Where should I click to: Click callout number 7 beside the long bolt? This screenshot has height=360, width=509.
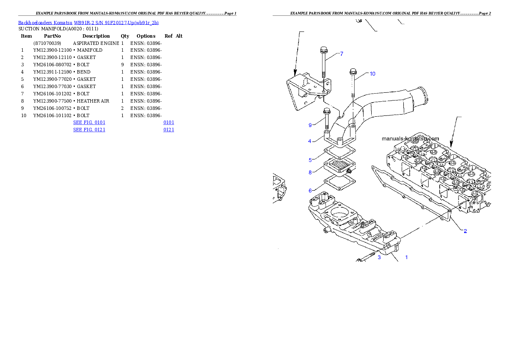[341, 54]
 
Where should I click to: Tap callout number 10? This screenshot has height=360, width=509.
[372, 74]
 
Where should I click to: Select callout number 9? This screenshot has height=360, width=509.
[310, 125]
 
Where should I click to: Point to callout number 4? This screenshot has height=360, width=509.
[310, 141]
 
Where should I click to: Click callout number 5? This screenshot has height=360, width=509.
[310, 160]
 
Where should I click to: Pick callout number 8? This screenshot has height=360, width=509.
[310, 172]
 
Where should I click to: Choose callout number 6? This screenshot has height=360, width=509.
[310, 190]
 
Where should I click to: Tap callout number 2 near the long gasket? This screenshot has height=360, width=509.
[465, 231]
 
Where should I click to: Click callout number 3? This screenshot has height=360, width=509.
[379, 257]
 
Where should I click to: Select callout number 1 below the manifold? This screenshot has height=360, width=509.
[406, 257]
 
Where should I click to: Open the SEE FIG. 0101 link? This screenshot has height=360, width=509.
[89, 122]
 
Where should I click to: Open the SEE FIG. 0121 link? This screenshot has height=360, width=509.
[89, 129]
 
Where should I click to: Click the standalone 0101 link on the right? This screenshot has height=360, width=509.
[169, 122]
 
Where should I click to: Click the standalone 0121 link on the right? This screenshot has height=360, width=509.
[169, 129]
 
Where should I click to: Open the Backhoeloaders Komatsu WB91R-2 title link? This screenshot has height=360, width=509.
[88, 22]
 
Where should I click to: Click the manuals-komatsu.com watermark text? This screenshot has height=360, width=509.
[410, 139]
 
